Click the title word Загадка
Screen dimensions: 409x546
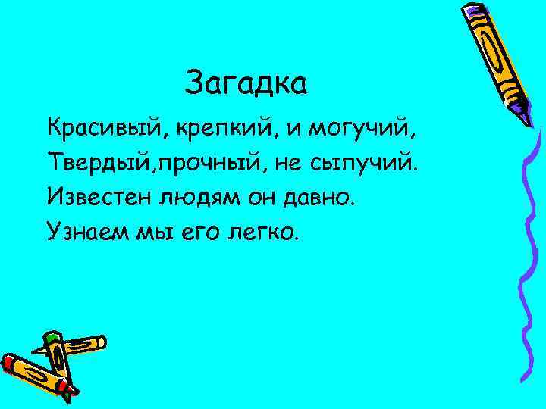point(246,83)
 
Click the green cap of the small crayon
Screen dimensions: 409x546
point(51,337)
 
